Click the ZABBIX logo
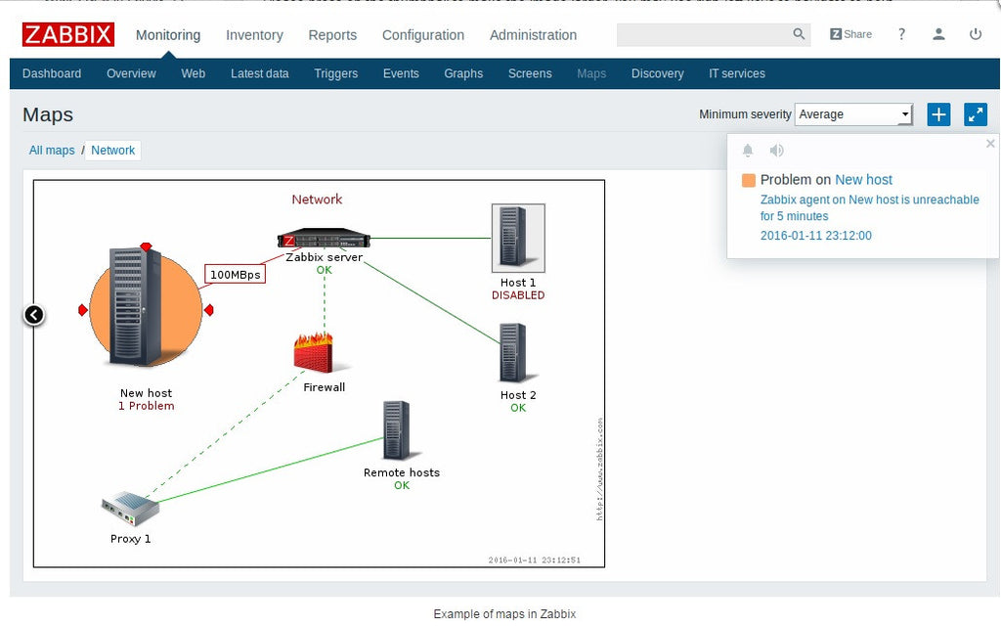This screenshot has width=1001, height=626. pos(68,34)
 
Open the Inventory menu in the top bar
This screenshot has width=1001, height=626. pos(254,34)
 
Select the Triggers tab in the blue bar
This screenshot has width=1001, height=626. pos(335,73)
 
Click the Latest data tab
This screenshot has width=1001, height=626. pos(259,73)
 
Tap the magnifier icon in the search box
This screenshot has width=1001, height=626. pos(799,34)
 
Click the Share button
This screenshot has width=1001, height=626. pos(850,34)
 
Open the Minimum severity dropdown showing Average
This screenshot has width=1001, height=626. pos(853,114)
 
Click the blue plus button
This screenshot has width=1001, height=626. pos(938,114)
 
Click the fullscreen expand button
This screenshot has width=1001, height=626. pos(976,114)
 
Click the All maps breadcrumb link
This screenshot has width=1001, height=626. pos(52,151)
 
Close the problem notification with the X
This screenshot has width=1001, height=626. pos(990,144)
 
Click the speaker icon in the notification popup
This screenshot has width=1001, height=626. pos(776,151)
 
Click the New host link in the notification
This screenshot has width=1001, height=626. pos(863,180)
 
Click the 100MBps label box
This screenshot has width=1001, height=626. pos(236,275)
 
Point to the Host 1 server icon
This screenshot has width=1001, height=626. pos(518,238)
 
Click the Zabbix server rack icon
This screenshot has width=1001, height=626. pos(324,239)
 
